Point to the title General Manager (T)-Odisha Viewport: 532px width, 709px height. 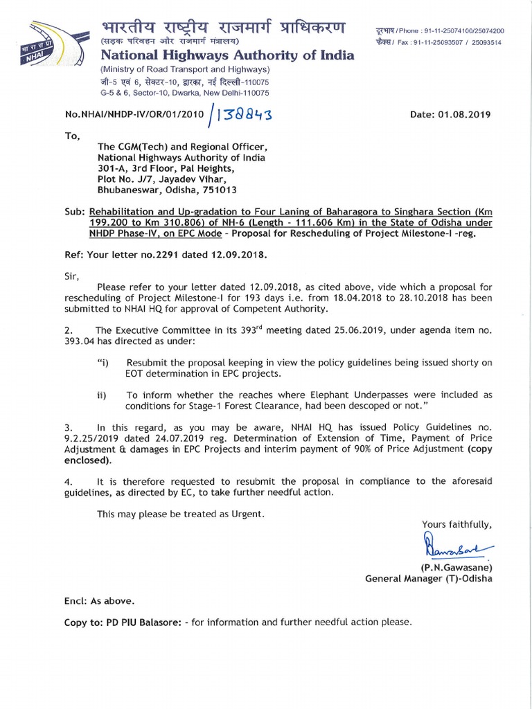(429, 579)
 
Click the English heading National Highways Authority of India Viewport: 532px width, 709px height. (227, 55)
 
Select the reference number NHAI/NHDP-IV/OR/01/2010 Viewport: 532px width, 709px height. (134, 115)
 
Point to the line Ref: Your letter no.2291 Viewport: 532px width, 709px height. (165, 254)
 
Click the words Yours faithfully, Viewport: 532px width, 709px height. (456, 524)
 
